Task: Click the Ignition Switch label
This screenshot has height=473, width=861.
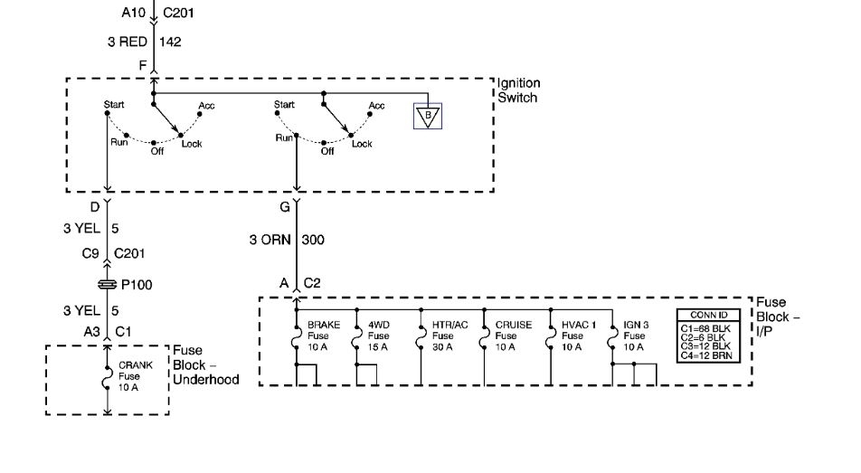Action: click(x=517, y=90)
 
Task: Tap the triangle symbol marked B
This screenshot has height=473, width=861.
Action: click(x=427, y=117)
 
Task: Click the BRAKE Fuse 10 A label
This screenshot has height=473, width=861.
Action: click(x=323, y=335)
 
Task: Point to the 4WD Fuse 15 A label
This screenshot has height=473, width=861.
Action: click(x=379, y=335)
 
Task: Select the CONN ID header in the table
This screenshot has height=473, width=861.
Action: click(x=708, y=315)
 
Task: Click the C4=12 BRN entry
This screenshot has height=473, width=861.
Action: click(x=708, y=355)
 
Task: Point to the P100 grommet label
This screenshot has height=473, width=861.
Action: click(x=137, y=285)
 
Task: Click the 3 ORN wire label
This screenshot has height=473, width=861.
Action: click(x=269, y=240)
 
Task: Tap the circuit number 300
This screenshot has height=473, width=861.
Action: click(x=313, y=240)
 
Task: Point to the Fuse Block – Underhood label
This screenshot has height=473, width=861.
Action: click(x=206, y=365)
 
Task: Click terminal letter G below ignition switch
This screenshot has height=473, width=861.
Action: click(x=285, y=207)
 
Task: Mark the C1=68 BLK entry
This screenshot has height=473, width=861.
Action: click(x=708, y=326)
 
